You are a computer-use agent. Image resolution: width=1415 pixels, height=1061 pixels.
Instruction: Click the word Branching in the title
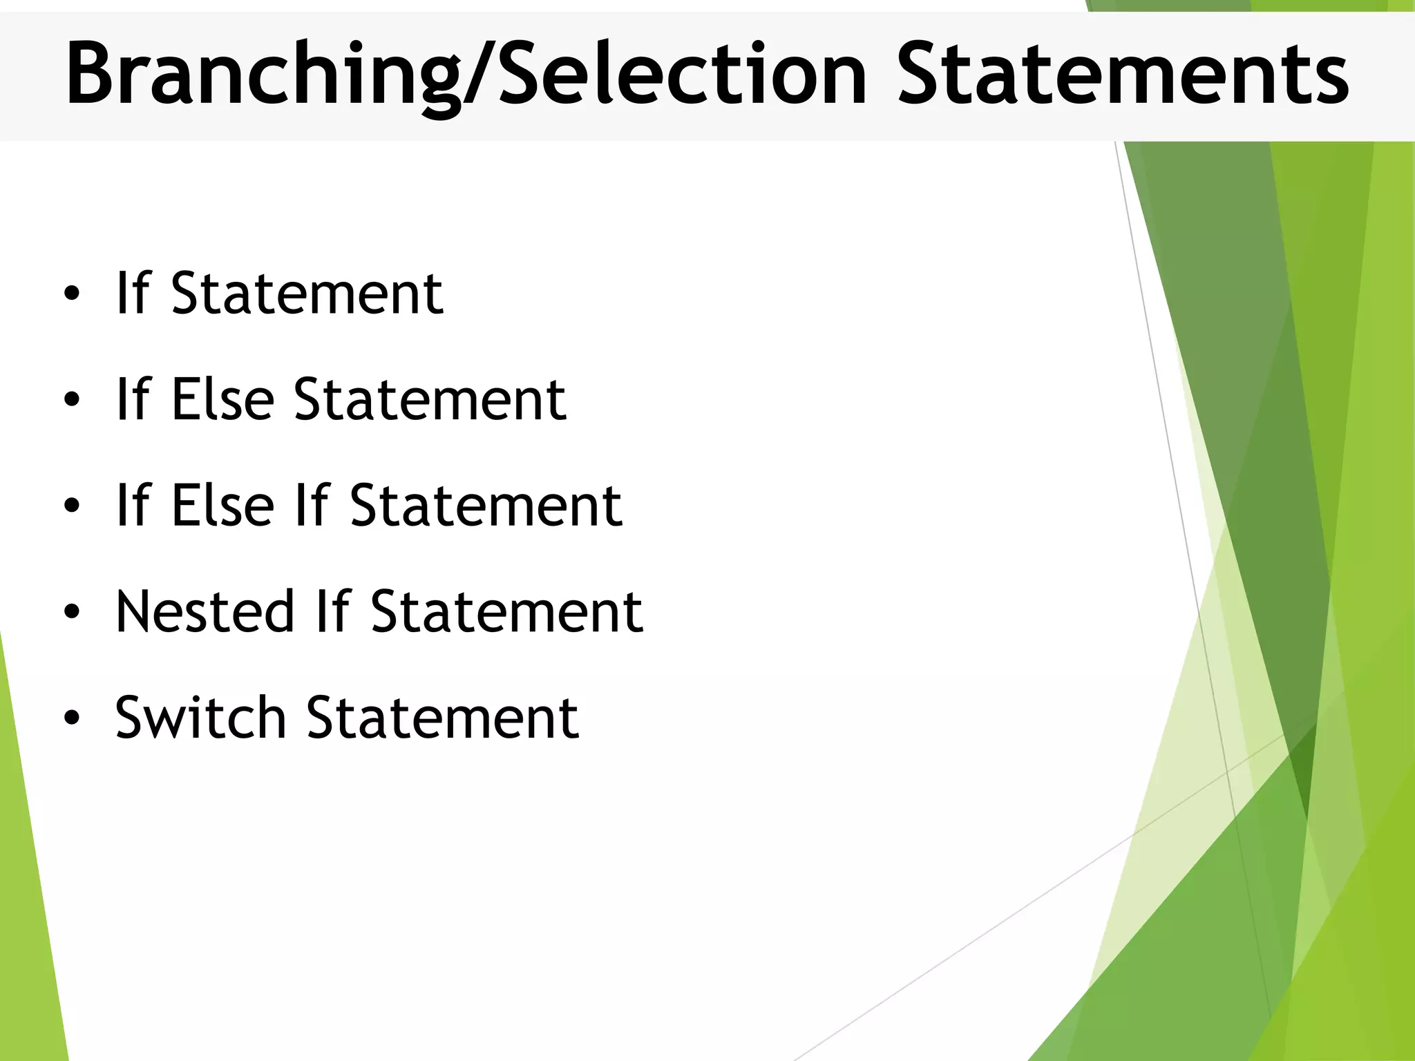pos(263,75)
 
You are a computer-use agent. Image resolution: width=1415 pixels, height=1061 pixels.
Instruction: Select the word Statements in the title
pos(1122,75)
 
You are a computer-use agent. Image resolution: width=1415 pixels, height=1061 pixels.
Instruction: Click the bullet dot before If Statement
pos(72,294)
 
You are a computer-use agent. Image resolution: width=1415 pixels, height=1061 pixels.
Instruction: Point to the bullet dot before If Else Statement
pos(72,400)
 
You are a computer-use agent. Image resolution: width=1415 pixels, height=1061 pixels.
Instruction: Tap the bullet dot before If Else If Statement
pos(72,506)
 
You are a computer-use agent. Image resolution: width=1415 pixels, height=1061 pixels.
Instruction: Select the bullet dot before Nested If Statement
pos(72,612)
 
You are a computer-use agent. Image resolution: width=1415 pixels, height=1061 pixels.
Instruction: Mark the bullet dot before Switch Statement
pos(72,718)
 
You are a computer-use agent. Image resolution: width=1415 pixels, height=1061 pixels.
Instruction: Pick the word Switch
pos(200,717)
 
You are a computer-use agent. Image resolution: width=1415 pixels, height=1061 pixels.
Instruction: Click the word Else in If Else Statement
pos(222,399)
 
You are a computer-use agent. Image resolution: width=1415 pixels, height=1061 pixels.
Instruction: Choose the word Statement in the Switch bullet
pos(442,717)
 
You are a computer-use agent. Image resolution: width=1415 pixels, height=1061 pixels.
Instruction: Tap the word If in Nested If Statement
pos(334,611)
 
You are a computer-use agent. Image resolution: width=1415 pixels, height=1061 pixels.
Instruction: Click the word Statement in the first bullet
pos(307,294)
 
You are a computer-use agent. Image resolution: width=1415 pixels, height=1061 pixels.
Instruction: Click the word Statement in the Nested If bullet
pos(506,611)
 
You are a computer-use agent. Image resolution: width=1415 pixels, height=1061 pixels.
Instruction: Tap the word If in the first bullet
pos(133,294)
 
